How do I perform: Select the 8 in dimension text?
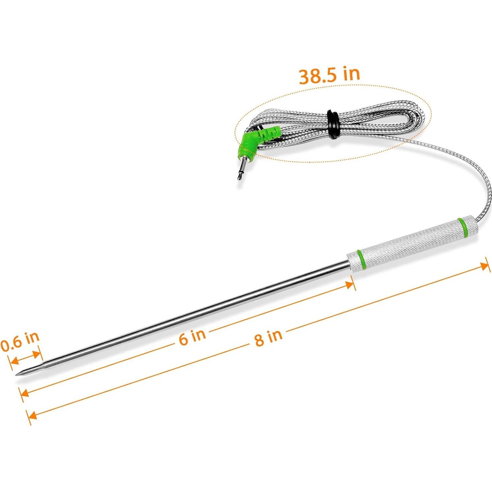tap(268, 337)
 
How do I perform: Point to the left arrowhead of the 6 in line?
tap(24, 393)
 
